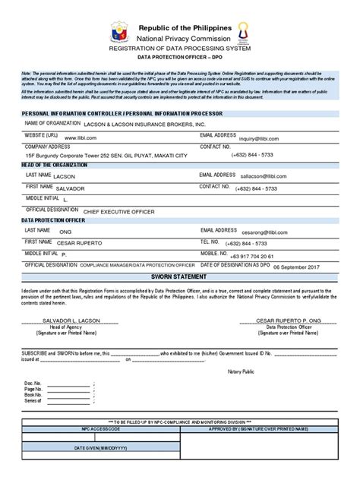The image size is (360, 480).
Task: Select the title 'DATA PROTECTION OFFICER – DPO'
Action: pos(180,57)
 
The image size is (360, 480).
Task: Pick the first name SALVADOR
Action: pos(70,188)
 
